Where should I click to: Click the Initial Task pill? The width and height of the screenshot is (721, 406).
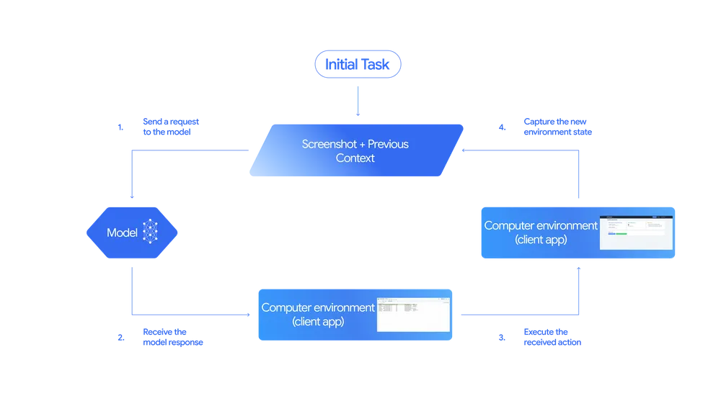point(358,64)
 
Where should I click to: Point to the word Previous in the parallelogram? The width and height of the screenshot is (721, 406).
point(390,144)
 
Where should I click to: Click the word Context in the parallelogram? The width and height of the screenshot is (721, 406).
point(355,158)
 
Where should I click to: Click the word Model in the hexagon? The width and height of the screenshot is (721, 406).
point(122,233)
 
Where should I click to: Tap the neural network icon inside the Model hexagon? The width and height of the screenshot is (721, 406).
point(150,231)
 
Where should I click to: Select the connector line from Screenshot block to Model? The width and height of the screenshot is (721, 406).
point(130,173)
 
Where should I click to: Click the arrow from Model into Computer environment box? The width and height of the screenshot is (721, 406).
point(187,314)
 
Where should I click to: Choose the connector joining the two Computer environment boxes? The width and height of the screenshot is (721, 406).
point(519,314)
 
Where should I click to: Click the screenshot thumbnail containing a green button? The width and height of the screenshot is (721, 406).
point(636,232)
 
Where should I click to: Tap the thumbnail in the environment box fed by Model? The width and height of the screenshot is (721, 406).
point(413,314)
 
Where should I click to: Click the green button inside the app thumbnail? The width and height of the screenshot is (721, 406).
point(612,234)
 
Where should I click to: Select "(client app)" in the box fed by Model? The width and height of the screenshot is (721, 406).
point(318,321)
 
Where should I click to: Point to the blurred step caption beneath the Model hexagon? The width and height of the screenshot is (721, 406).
point(172,337)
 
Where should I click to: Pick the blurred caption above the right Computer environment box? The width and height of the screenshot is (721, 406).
point(557,127)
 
